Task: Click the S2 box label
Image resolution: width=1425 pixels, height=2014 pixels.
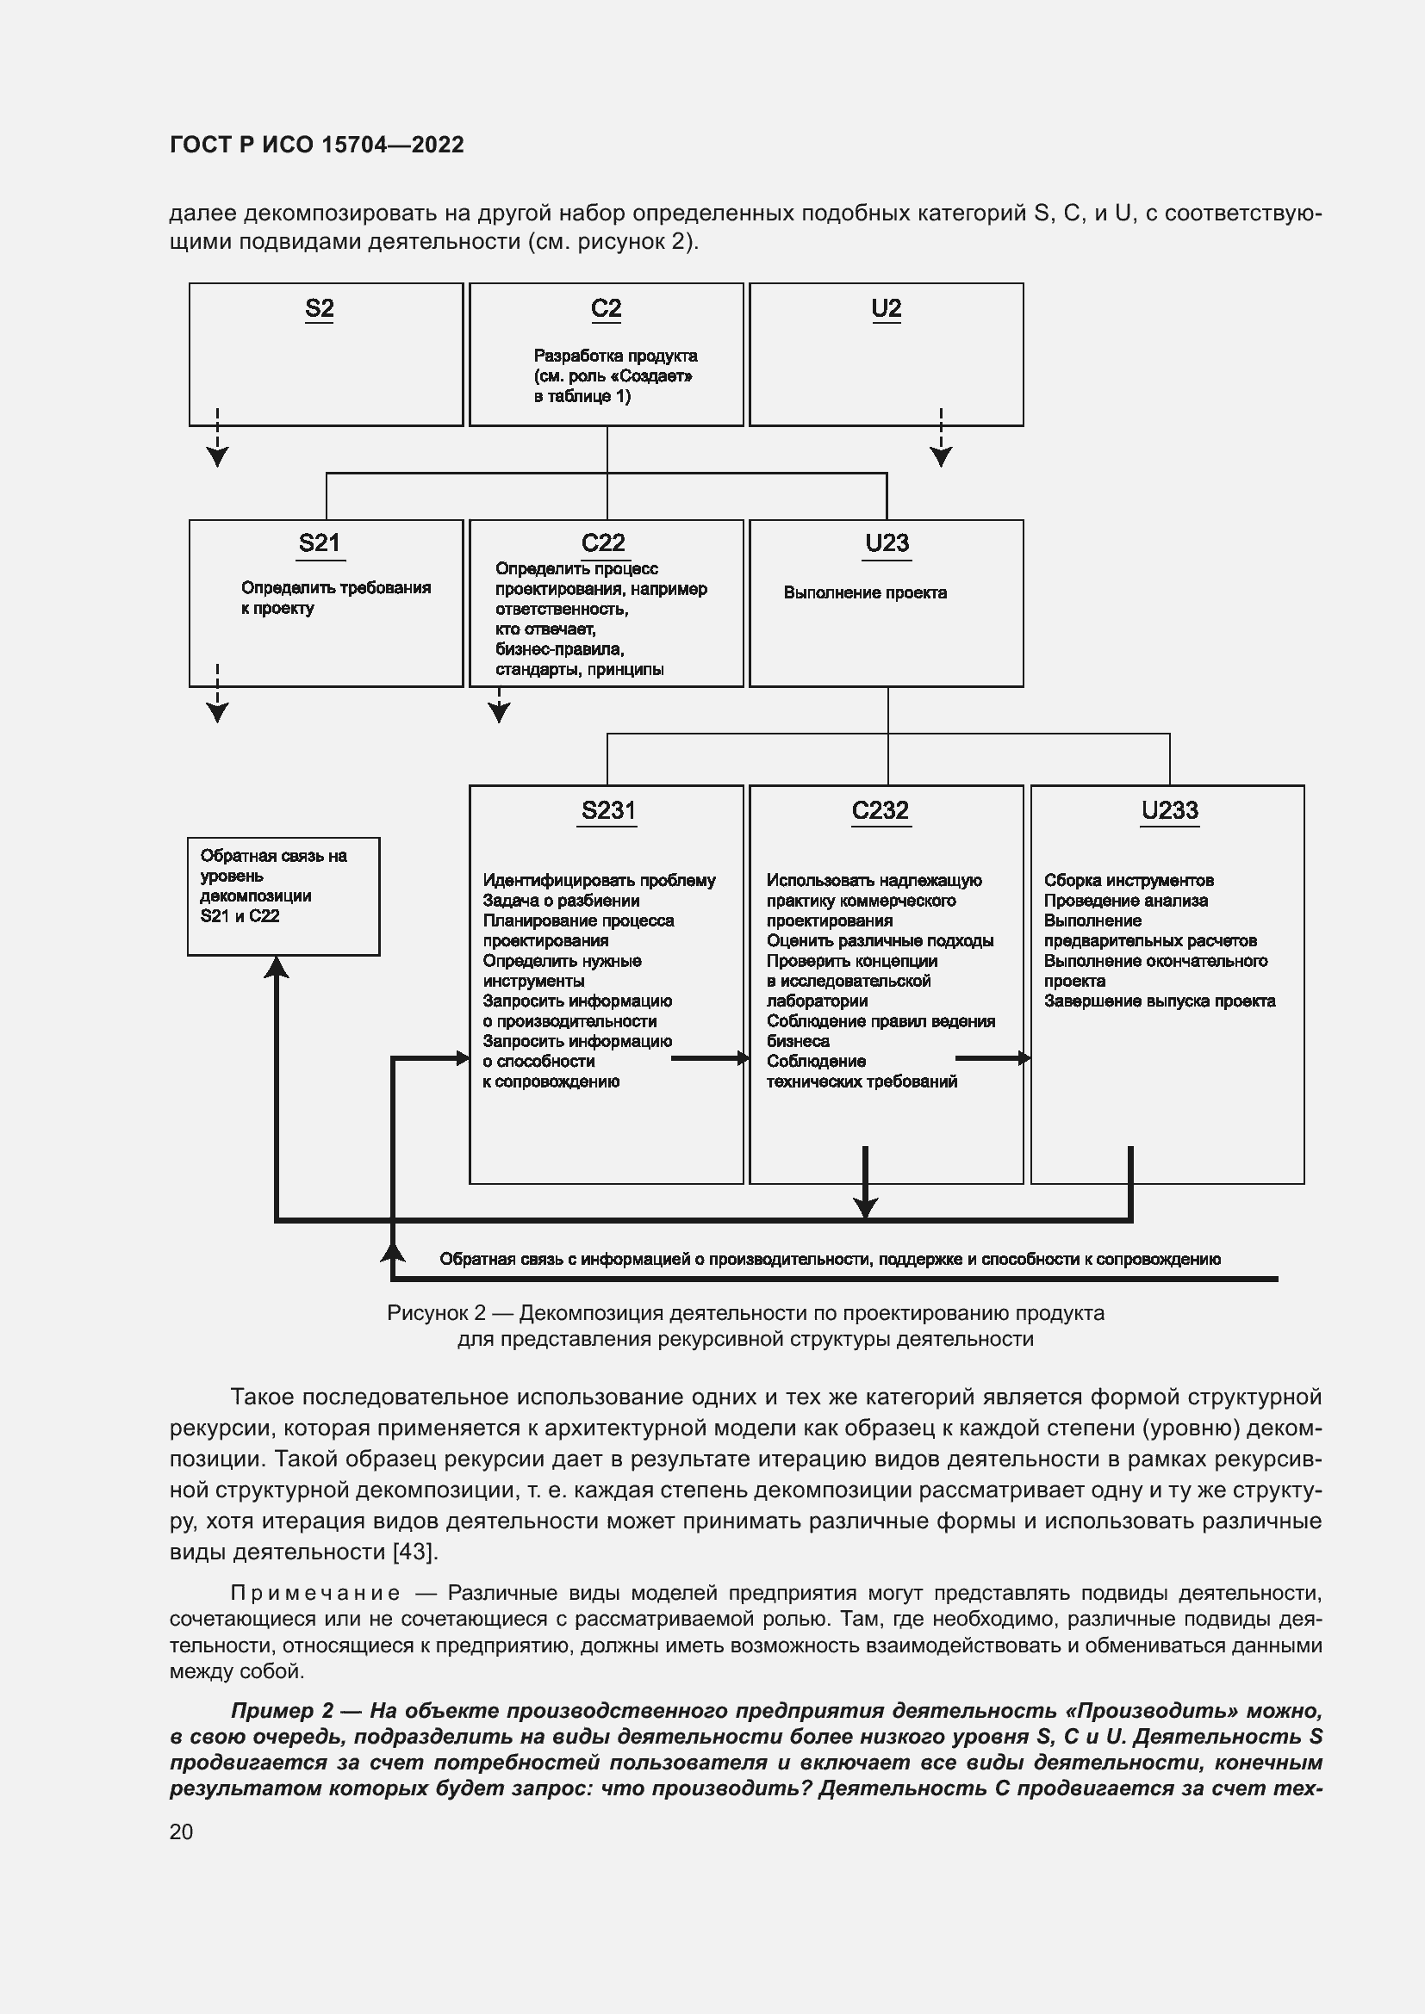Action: tap(320, 309)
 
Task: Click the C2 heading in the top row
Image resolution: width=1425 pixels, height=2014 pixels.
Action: tap(607, 309)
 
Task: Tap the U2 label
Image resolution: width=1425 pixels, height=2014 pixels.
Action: tap(887, 309)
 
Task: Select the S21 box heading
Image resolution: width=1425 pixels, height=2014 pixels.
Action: tap(320, 543)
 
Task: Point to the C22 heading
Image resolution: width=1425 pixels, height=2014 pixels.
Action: tap(604, 543)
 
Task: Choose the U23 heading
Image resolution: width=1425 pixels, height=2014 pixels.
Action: tap(887, 543)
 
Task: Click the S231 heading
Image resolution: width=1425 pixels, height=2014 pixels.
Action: tap(608, 809)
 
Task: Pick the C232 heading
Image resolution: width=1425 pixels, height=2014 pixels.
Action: tap(881, 809)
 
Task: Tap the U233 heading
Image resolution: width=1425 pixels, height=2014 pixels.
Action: tap(1170, 809)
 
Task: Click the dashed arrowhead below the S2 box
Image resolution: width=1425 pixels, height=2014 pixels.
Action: tap(218, 456)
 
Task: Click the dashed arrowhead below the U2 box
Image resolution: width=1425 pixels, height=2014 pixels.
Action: tap(941, 456)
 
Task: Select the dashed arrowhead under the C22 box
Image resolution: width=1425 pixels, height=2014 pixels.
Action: tap(500, 712)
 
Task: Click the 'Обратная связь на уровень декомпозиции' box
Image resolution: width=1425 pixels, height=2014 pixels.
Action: tap(283, 895)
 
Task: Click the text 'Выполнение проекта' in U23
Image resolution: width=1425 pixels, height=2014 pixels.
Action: tap(865, 593)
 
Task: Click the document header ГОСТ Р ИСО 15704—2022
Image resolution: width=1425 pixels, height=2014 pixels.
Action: tap(317, 145)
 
